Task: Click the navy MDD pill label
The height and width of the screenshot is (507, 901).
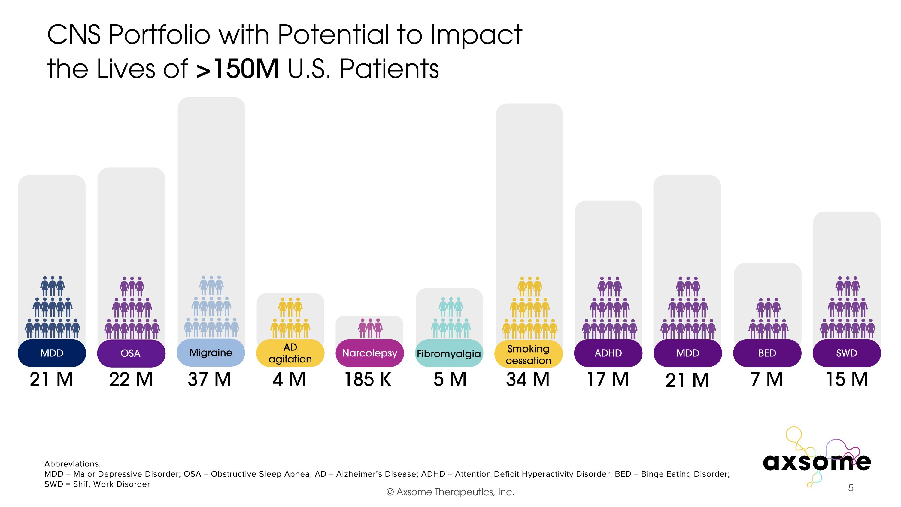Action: click(52, 353)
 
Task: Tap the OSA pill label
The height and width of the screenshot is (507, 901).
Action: click(131, 353)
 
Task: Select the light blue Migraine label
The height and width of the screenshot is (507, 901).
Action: click(211, 352)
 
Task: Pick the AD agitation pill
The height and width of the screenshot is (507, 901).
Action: click(290, 353)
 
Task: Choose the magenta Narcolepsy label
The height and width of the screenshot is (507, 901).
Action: click(369, 353)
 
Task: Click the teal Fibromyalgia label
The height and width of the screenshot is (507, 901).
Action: click(449, 353)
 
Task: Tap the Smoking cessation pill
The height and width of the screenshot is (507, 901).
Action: click(528, 354)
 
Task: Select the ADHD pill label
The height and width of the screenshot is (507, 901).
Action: click(608, 353)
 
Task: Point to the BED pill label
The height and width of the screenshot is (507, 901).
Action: click(767, 353)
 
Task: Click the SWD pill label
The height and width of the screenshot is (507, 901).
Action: click(846, 353)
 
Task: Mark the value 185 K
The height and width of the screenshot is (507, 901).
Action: click(368, 380)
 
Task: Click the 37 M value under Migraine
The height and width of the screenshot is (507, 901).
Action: click(210, 380)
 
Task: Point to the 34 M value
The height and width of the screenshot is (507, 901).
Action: click(528, 380)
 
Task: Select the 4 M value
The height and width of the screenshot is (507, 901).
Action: click(289, 380)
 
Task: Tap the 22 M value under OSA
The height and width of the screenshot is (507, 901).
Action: click(131, 380)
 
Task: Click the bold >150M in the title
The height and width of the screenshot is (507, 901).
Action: click(237, 69)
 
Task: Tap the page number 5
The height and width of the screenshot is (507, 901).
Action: click(851, 488)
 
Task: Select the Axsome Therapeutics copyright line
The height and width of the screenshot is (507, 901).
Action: click(450, 492)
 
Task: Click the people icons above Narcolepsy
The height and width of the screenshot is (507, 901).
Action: click(370, 328)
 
